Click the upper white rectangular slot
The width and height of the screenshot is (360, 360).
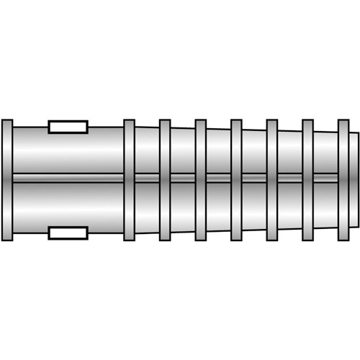click(x=68, y=127)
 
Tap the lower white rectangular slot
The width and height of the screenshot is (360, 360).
click(x=68, y=233)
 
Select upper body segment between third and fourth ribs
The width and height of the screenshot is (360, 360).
click(x=218, y=151)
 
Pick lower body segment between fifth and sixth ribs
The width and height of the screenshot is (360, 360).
click(x=289, y=205)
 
